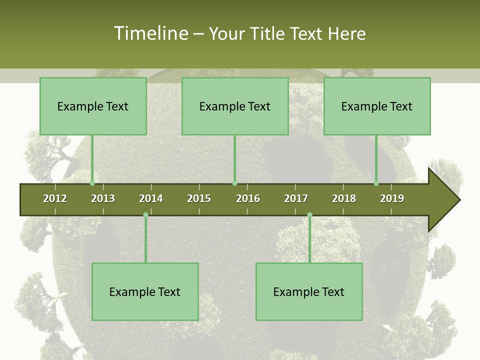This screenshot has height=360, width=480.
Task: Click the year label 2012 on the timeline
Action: tap(55, 198)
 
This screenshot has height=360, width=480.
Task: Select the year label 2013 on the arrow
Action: tap(103, 198)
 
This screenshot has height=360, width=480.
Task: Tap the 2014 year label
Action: tap(151, 198)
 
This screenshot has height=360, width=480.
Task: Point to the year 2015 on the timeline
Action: tap(199, 198)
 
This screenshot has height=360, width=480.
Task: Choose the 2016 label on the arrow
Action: tap(248, 198)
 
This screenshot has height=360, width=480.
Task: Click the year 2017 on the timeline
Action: tap(296, 198)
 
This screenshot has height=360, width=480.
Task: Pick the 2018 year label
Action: tap(344, 198)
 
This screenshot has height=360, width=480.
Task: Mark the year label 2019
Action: tap(392, 198)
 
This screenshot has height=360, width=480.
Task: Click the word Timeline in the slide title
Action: tap(150, 33)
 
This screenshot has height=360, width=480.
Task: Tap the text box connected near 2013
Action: tap(93, 106)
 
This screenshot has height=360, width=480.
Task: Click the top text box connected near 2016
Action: tap(235, 106)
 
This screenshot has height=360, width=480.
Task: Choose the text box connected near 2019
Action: tap(377, 106)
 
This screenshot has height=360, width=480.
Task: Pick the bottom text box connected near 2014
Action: tap(145, 291)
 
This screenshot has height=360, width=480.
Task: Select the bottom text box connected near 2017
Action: tap(309, 291)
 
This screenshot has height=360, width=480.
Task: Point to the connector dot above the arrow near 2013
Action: tap(92, 183)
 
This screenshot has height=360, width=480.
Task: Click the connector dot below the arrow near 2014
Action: tap(145, 215)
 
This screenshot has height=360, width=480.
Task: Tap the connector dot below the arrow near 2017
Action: tap(309, 215)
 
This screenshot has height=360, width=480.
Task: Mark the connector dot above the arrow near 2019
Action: tap(376, 183)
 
